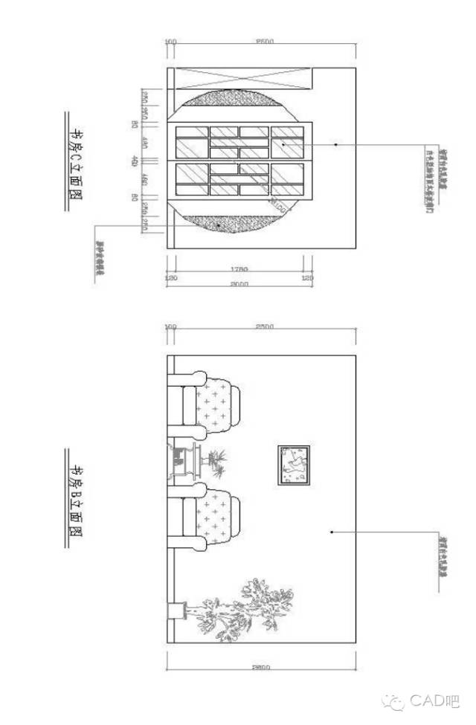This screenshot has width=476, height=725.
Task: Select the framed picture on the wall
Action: [x=294, y=465]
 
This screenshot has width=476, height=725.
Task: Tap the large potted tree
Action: [x=245, y=610]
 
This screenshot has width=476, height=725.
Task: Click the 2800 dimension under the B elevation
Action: [x=260, y=667]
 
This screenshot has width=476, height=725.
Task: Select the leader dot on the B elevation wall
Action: [x=331, y=532]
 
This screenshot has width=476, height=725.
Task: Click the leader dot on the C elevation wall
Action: [x=335, y=144]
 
